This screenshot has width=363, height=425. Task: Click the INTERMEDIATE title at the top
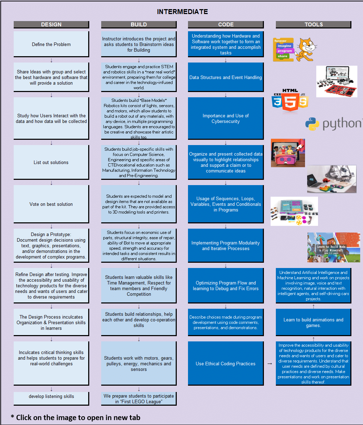click(182, 12)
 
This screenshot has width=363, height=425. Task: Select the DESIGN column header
click(51, 24)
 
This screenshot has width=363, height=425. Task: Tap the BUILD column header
click(139, 24)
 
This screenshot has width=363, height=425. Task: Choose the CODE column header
click(226, 24)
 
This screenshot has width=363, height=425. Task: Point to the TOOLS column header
click(313, 24)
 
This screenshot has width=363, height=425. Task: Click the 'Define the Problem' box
click(51, 44)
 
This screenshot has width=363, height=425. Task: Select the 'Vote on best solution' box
click(51, 204)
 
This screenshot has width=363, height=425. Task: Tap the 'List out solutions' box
click(51, 162)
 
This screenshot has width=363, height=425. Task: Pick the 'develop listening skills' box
click(51, 396)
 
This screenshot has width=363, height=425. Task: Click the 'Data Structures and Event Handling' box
click(226, 77)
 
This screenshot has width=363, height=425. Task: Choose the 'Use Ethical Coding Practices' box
click(226, 364)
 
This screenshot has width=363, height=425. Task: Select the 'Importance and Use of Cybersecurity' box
click(226, 118)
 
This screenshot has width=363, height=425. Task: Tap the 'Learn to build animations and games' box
click(313, 322)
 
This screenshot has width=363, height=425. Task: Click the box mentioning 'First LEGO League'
click(139, 399)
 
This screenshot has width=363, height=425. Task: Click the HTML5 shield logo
click(290, 101)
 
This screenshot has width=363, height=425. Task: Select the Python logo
click(333, 124)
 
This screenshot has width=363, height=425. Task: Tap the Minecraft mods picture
click(333, 247)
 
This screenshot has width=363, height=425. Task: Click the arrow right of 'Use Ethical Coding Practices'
click(270, 364)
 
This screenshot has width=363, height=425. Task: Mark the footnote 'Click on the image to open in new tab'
click(76, 418)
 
